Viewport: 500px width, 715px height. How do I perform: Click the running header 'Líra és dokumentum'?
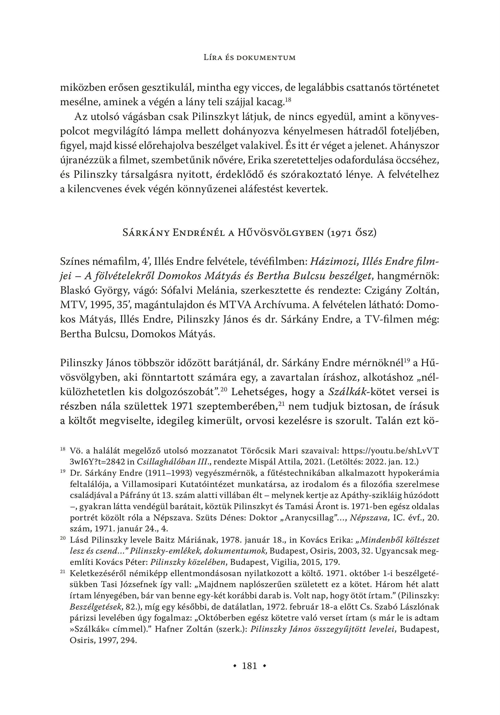249,57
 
